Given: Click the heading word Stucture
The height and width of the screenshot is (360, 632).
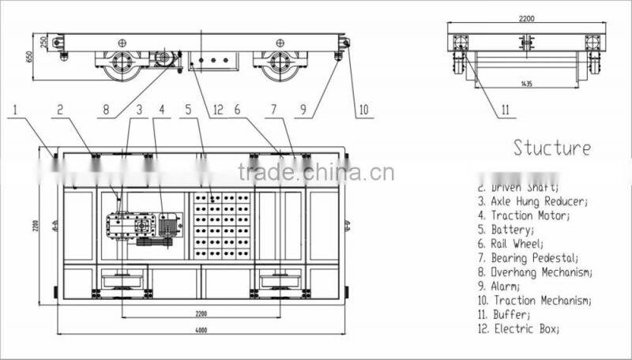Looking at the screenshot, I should [x=551, y=148].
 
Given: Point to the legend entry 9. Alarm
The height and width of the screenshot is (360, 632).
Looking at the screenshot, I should [x=498, y=286].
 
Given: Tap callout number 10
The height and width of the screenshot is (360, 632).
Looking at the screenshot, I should [x=363, y=111].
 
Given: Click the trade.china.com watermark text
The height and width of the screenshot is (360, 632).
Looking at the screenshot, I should [x=315, y=173].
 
